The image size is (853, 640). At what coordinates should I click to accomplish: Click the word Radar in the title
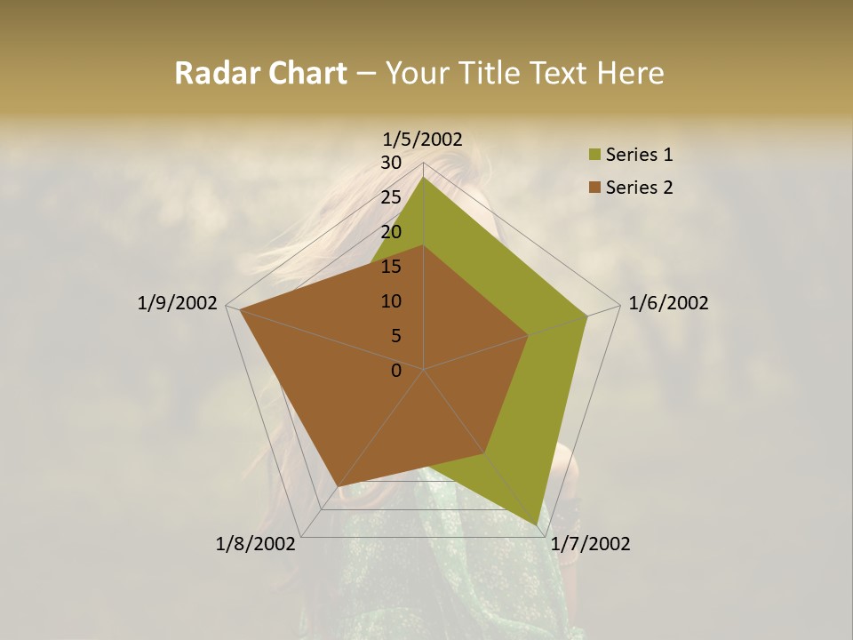(210, 73)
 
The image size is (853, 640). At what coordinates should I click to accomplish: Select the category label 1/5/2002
(422, 139)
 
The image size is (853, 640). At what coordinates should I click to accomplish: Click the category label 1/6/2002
(668, 303)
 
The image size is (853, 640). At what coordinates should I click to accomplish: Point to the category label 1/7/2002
(590, 544)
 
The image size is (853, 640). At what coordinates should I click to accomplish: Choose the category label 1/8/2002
(256, 544)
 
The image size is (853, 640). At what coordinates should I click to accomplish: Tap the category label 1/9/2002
(178, 303)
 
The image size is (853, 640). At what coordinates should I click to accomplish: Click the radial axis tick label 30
(391, 163)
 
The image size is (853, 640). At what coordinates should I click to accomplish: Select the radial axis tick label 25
(391, 197)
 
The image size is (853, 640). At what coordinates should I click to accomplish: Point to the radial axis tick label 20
(391, 232)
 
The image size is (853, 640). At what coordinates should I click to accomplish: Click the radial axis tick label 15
(391, 267)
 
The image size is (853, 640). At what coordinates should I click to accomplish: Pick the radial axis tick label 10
(391, 301)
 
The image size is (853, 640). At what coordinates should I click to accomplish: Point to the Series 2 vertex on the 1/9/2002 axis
(239, 310)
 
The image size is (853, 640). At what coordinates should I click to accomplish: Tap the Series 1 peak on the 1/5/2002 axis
(424, 176)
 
